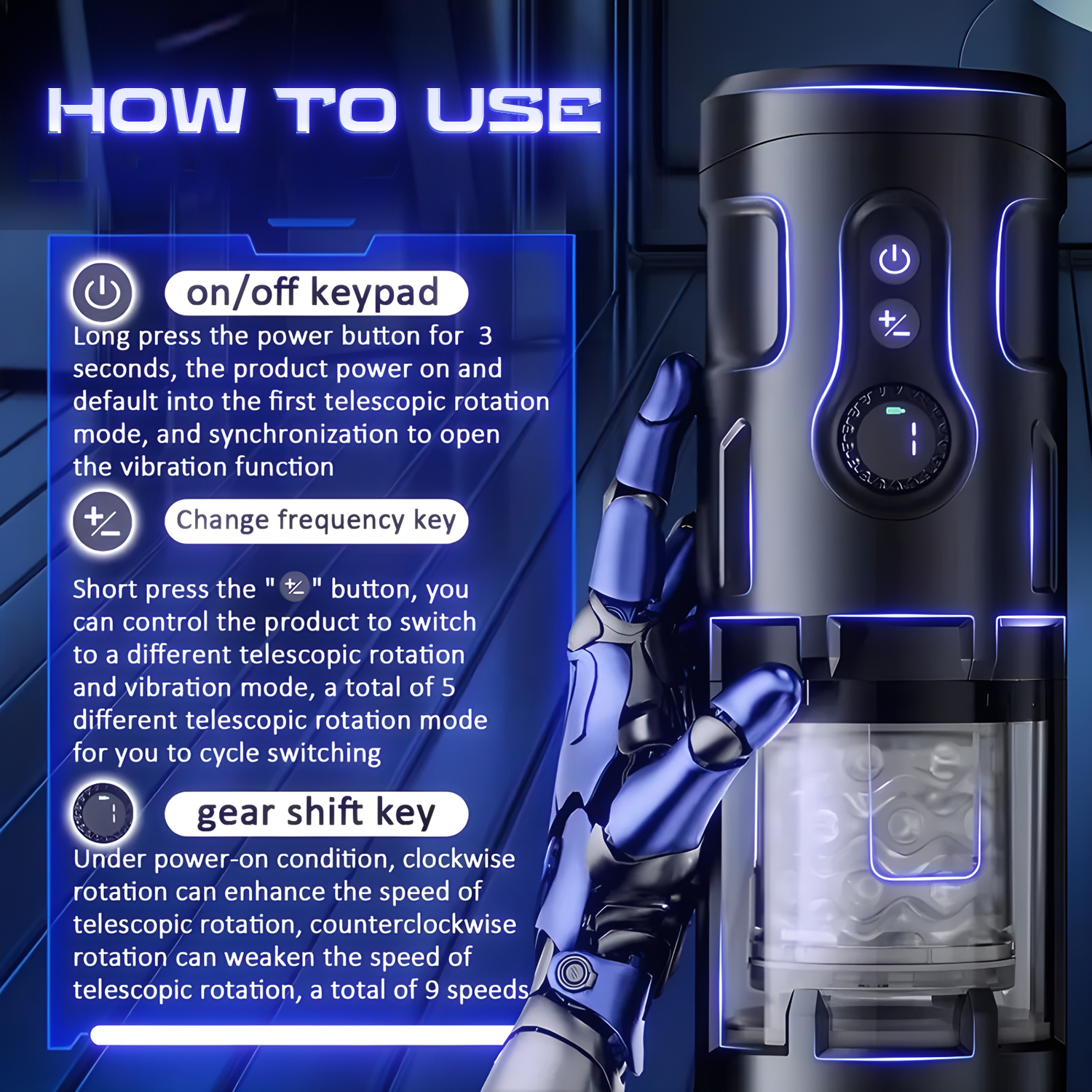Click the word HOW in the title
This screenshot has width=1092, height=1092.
click(146, 111)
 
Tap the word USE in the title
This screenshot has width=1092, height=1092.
click(514, 111)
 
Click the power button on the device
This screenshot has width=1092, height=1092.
click(895, 260)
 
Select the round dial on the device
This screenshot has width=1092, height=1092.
click(894, 438)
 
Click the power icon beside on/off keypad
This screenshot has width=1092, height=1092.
click(102, 293)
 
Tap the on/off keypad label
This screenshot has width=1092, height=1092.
click(316, 293)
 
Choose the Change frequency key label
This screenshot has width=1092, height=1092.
click(316, 521)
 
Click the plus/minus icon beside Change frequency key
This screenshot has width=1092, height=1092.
click(102, 522)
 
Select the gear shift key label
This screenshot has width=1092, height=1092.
click(316, 813)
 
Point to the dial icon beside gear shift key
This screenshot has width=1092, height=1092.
click(103, 812)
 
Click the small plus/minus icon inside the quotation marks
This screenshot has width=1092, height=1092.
click(295, 586)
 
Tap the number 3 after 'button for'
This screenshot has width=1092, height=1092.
click(486, 336)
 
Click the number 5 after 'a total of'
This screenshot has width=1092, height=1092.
click(448, 687)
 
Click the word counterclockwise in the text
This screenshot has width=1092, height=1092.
click(413, 924)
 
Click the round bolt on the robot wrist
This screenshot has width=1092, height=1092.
click(573, 971)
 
